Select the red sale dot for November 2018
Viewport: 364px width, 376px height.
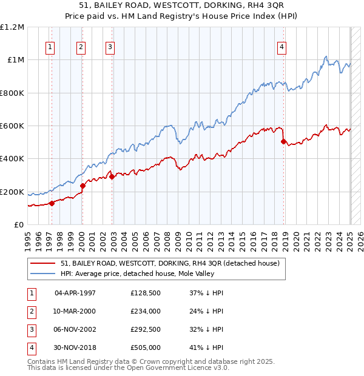[x=283, y=141]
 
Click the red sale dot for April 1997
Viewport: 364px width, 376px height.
[x=52, y=203]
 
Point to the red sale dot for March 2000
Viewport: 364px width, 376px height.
[x=83, y=186]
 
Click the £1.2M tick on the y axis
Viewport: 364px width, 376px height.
[x=12, y=27]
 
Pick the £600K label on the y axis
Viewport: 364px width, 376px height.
[x=12, y=126]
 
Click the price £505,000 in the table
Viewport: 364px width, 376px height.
[x=146, y=347]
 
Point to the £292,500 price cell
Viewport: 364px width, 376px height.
[x=146, y=329]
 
